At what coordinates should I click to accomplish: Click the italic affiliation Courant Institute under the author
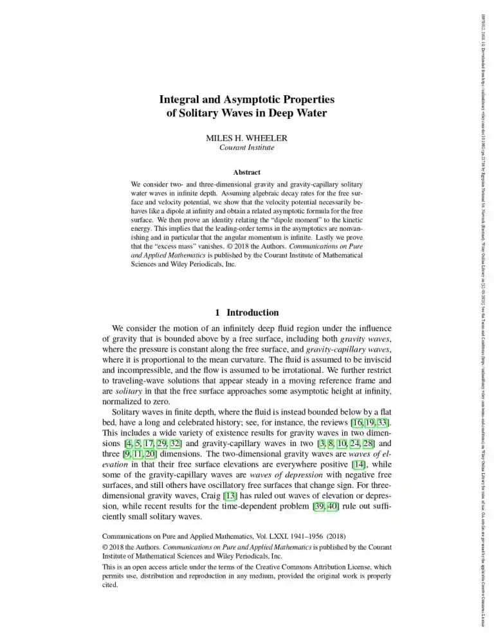pyautogui.click(x=247, y=147)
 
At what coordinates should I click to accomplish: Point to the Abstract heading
pyautogui.click(x=247, y=172)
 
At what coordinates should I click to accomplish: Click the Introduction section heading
pyautogui.click(x=253, y=312)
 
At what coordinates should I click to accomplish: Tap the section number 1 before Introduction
pyautogui.click(x=218, y=312)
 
